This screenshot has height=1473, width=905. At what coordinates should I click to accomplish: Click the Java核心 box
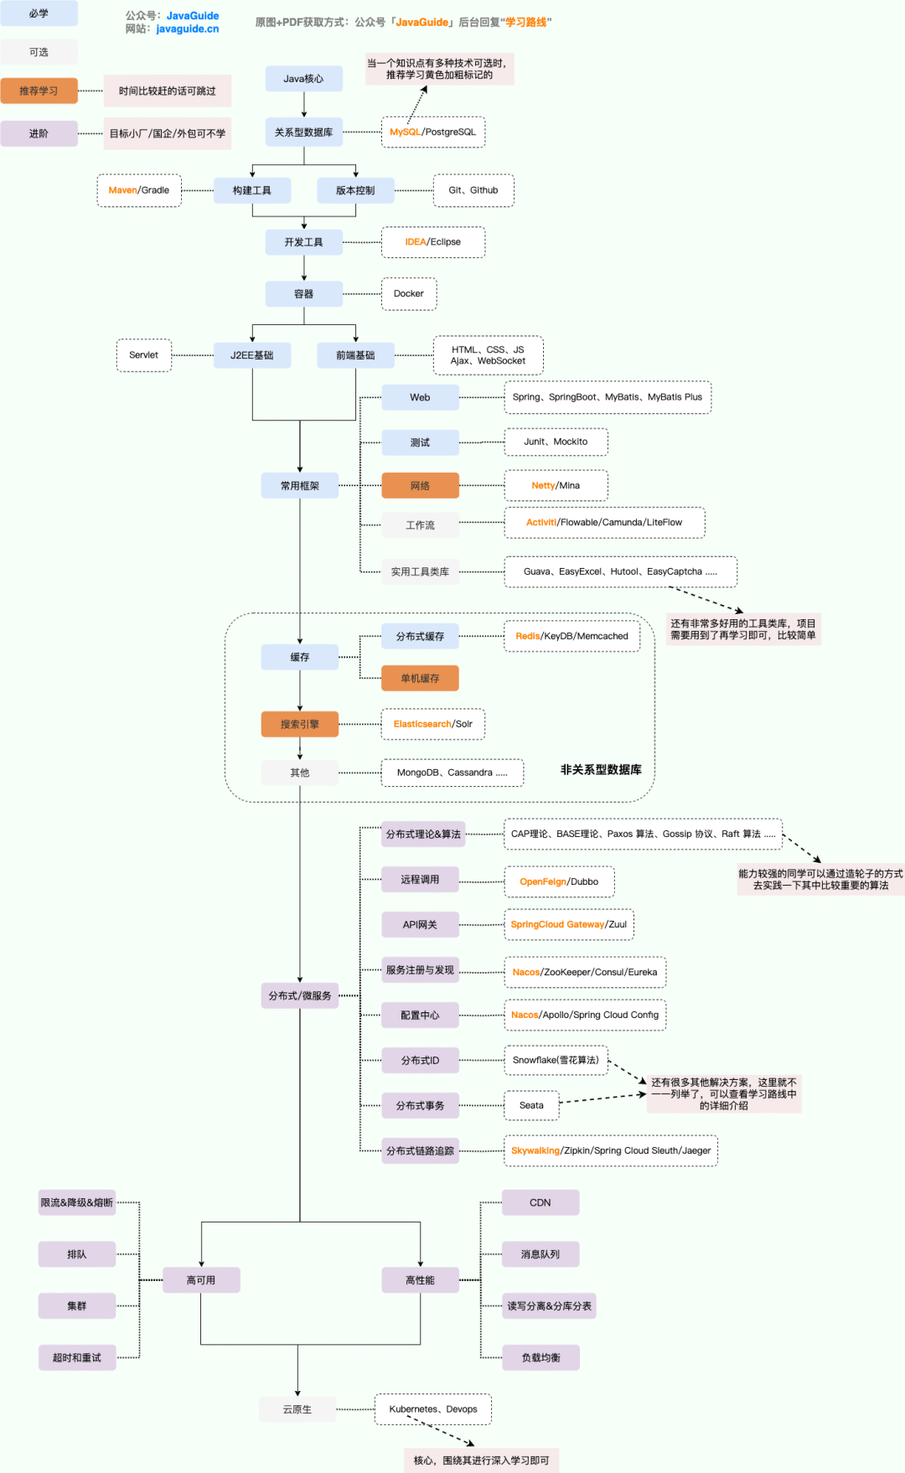pos(303,79)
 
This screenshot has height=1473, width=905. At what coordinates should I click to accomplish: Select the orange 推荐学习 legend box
pos(39,90)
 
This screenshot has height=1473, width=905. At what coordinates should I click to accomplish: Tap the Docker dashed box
pos(409,294)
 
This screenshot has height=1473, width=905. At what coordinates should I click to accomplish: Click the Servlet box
pos(143,355)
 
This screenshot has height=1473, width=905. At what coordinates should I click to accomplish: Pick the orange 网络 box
pos(420,486)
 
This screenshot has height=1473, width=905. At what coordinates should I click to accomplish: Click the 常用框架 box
pos(299,486)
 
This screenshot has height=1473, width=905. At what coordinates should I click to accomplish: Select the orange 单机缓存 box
pos(420,679)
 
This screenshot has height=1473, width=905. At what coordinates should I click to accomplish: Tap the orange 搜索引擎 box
pos(299,725)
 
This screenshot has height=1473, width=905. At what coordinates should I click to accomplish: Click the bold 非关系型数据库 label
pos(601,770)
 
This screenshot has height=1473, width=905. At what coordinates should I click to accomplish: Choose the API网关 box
pos(420,925)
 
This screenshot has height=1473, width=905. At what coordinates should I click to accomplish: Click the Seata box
pos(531,1106)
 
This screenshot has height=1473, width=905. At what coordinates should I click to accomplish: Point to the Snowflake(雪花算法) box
pos(556,1061)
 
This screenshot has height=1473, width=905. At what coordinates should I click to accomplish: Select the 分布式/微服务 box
pos(299,996)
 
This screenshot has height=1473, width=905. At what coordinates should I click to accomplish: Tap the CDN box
pos(540,1203)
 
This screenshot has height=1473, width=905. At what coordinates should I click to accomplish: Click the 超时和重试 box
pos(77,1358)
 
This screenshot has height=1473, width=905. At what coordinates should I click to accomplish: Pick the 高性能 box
pos(420,1280)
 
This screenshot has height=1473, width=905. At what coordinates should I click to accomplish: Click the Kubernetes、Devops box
pos(433,1409)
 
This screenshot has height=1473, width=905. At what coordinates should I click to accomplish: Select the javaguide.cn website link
pos(188,29)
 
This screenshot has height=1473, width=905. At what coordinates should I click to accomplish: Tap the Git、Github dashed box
pos(473,191)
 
